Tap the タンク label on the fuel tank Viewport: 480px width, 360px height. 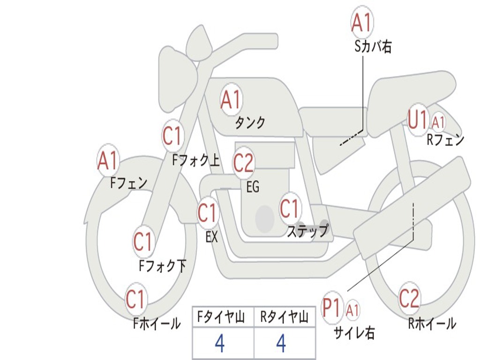pyautogui.click(x=250, y=123)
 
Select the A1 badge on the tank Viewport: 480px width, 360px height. pyautogui.click(x=231, y=100)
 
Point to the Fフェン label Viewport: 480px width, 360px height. pyautogui.click(x=129, y=182)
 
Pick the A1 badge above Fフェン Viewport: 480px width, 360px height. pyautogui.click(x=108, y=161)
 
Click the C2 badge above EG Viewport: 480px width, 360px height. pyautogui.click(x=243, y=163)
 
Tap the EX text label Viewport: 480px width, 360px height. pyautogui.click(x=212, y=237)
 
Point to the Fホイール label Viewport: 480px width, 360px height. pyautogui.click(x=157, y=323)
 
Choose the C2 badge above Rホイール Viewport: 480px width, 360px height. pyautogui.click(x=409, y=298)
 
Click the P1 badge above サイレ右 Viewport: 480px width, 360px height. pyautogui.click(x=332, y=308)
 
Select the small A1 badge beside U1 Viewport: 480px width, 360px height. pyautogui.click(x=439, y=123)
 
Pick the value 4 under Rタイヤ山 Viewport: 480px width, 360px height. pyautogui.click(x=281, y=344)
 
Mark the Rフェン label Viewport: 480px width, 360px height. pyautogui.click(x=445, y=140)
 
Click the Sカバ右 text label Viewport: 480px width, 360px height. pyautogui.click(x=373, y=47)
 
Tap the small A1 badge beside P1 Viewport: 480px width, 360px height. pyautogui.click(x=353, y=310)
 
